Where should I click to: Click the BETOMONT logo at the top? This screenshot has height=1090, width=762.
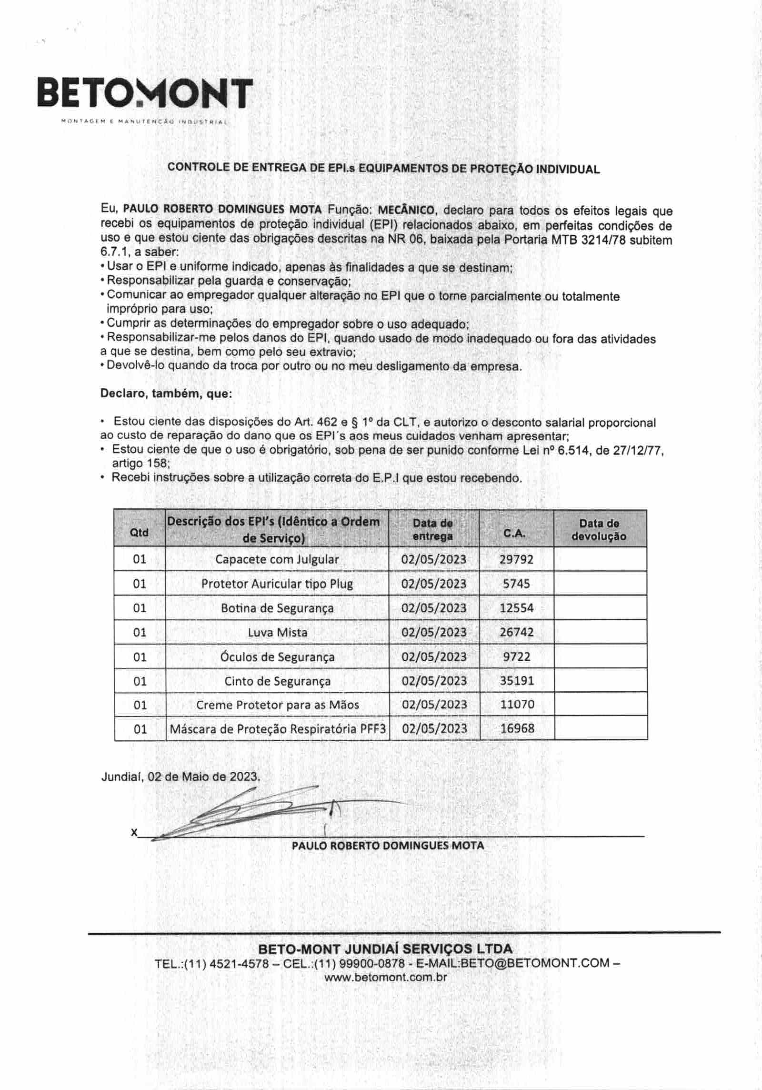point(145,94)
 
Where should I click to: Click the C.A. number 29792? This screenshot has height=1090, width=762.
point(516,559)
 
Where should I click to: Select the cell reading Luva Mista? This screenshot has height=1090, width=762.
point(277,633)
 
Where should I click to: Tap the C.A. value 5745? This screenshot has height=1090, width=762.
point(516,584)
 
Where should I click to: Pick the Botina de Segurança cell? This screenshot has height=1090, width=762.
point(277,608)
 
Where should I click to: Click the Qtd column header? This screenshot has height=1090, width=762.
point(139,532)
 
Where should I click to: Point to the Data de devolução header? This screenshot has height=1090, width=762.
point(599,529)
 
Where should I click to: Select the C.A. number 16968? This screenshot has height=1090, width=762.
point(517,728)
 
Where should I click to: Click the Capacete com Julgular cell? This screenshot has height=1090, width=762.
point(277,559)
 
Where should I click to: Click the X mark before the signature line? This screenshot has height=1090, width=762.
point(134,832)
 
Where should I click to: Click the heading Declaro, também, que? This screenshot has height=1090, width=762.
point(166,394)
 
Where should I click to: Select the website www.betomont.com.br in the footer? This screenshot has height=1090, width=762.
point(386,977)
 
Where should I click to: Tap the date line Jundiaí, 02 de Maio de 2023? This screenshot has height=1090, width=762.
point(180,777)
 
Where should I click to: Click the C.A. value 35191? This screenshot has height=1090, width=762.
point(517,681)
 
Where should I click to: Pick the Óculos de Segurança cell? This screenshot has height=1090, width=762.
point(277,657)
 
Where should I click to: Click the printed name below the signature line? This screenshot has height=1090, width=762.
point(388,846)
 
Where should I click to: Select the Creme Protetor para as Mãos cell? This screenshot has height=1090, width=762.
point(277,705)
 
